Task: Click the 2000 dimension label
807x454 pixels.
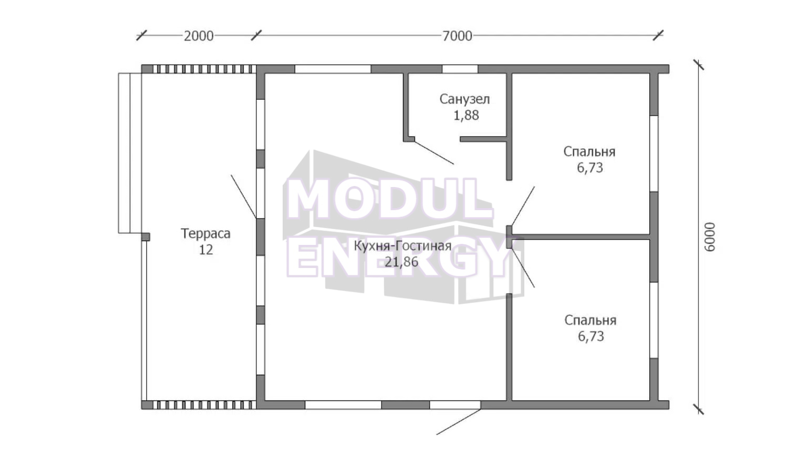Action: point(199,36)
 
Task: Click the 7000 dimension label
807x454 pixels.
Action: point(457,36)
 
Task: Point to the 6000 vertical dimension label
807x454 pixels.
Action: point(710,237)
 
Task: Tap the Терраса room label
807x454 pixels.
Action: point(205,233)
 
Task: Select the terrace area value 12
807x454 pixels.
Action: point(206,250)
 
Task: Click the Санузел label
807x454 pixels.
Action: point(465,99)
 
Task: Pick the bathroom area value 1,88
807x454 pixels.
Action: point(466,115)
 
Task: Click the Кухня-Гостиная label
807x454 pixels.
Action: point(402,246)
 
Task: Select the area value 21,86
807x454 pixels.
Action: point(401,262)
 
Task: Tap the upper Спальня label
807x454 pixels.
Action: point(589,152)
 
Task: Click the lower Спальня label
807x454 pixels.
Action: point(591,320)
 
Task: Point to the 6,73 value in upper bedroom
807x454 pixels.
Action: point(590,168)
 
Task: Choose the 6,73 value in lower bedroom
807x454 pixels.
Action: point(591,336)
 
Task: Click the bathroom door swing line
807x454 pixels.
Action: point(434,153)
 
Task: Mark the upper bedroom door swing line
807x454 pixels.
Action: point(523,206)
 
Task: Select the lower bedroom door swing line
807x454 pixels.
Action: point(523,267)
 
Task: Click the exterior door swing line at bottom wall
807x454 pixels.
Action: point(459,422)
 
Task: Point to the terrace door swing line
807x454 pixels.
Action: point(244,197)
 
